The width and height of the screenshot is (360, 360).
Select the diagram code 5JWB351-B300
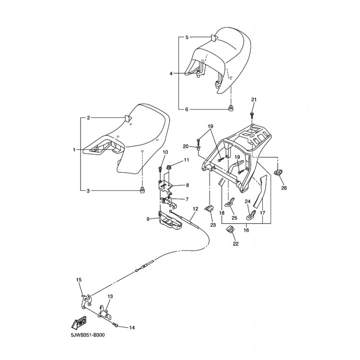(x=88, y=335)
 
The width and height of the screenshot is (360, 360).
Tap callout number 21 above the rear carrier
(x=254, y=99)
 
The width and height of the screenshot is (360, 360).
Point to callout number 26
(x=284, y=188)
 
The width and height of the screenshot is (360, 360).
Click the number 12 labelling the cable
(x=195, y=209)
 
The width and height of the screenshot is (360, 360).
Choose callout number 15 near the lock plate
(x=79, y=280)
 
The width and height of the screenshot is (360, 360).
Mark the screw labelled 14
(x=116, y=324)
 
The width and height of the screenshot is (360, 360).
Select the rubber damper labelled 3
(x=142, y=190)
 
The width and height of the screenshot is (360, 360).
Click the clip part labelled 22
(x=229, y=229)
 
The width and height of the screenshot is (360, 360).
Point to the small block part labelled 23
(x=209, y=208)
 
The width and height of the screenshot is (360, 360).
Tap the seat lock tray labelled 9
(x=170, y=220)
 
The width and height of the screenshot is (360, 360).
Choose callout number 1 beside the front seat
(x=74, y=150)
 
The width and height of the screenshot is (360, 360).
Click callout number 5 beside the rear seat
(x=187, y=37)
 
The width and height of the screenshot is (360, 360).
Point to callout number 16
(x=246, y=230)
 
